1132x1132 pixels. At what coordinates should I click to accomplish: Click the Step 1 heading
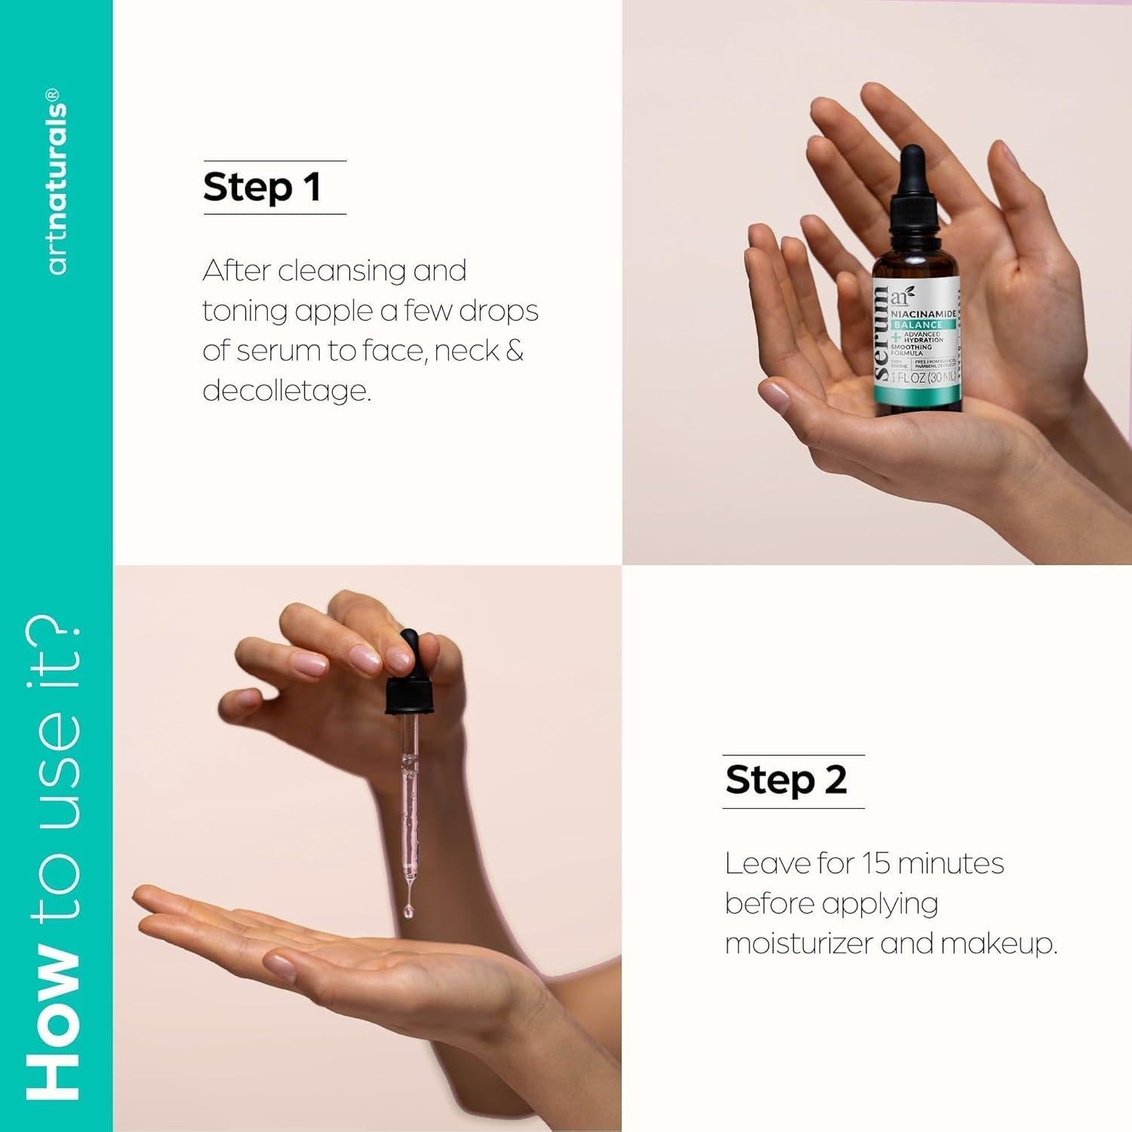[262, 188]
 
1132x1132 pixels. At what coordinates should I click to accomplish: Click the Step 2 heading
[786, 780]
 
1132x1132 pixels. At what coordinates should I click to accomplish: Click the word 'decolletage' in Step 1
[287, 390]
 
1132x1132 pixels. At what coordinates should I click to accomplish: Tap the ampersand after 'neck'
[515, 351]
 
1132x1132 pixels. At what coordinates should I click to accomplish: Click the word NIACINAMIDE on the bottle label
[923, 312]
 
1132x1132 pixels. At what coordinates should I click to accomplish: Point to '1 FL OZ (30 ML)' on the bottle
[923, 377]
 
